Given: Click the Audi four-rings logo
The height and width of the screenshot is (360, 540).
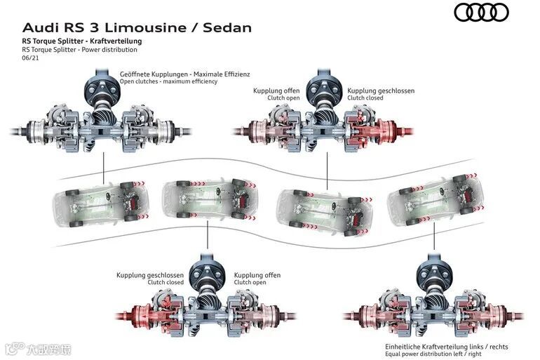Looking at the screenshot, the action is point(480,12).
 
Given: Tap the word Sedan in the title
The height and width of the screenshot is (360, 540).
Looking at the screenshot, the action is point(227,28).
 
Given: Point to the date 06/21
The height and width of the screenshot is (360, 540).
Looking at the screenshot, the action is point(30,58).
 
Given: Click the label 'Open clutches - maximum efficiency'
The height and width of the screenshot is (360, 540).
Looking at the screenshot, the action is point(169,81).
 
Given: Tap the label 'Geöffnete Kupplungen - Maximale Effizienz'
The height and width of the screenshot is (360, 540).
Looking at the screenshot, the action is point(185,73).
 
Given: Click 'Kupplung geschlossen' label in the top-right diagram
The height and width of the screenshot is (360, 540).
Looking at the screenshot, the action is point(381,91).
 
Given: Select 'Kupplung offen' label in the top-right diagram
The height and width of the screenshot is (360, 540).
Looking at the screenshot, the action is point(276,91).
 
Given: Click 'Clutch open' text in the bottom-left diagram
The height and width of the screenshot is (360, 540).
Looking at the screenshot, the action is point(250,282).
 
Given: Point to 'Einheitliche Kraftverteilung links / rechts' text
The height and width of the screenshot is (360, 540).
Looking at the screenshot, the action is point(447,346).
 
